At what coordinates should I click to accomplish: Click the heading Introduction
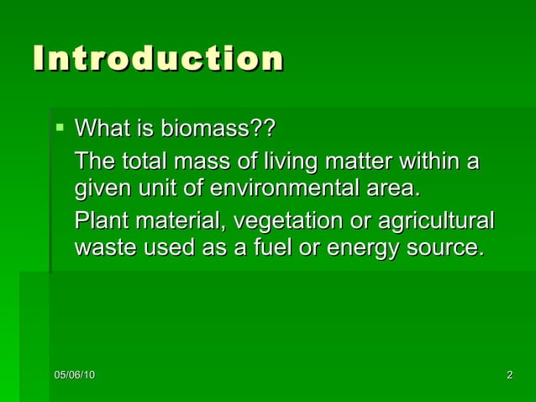[158, 59]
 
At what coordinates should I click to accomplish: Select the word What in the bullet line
[102, 130]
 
